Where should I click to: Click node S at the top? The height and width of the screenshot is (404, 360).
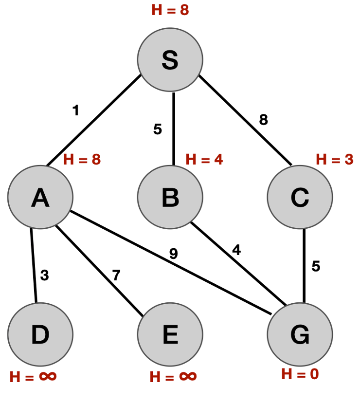170,60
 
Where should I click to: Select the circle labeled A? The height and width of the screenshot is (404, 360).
40,197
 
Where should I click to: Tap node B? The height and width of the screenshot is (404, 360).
170,197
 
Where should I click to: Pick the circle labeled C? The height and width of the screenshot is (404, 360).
300,197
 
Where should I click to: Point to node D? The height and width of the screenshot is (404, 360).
40,334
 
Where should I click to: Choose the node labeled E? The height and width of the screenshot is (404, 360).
170,334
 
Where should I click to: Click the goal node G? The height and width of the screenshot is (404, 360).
300,334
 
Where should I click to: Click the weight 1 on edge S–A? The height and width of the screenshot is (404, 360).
75,111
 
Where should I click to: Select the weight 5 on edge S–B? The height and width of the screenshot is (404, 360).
157,129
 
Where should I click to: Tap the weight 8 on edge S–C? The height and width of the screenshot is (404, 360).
263,120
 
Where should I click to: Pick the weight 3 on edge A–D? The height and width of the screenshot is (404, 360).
45,275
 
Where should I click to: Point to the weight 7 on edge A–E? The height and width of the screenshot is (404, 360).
116,275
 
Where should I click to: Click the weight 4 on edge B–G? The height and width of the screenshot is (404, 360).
236,250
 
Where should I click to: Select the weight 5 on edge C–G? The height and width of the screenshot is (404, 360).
316,267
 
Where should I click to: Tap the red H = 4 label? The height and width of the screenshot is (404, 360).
204,160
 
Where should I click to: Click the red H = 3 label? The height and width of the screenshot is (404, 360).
334,159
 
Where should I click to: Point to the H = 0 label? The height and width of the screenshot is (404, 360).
300,374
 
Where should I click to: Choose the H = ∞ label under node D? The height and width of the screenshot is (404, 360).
33,376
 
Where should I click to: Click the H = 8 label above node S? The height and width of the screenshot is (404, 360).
170,10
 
